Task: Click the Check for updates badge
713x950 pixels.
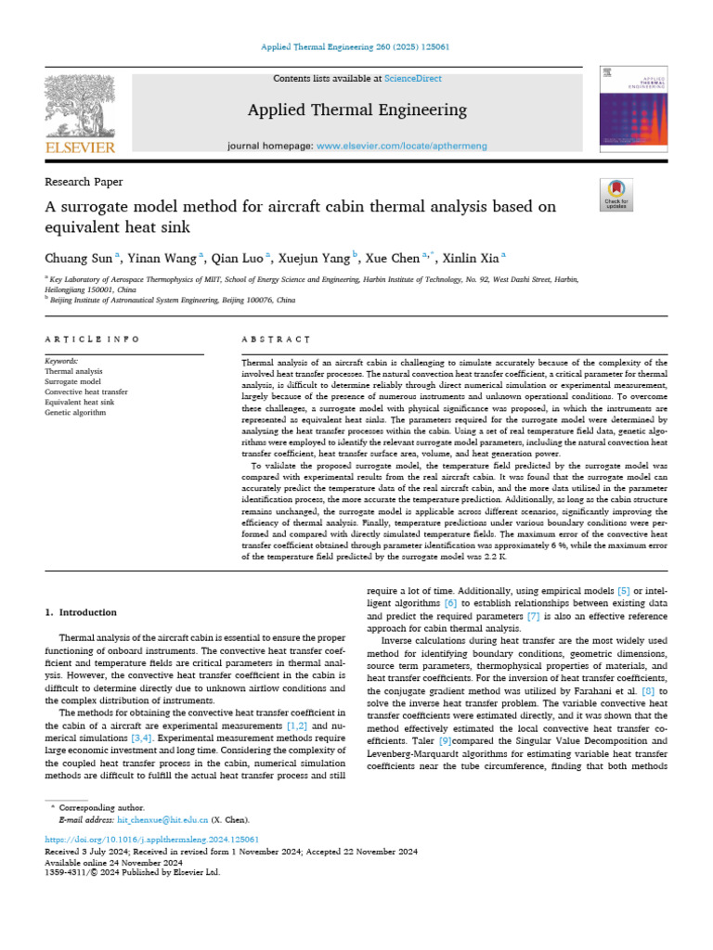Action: (x=616, y=193)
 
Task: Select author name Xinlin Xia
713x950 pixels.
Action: (x=472, y=258)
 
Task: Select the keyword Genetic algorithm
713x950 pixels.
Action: (x=75, y=412)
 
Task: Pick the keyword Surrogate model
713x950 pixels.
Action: (x=72, y=381)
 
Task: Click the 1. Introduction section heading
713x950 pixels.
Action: (x=81, y=612)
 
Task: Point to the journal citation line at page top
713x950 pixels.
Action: (x=356, y=45)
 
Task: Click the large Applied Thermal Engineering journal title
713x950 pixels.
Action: (x=356, y=110)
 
